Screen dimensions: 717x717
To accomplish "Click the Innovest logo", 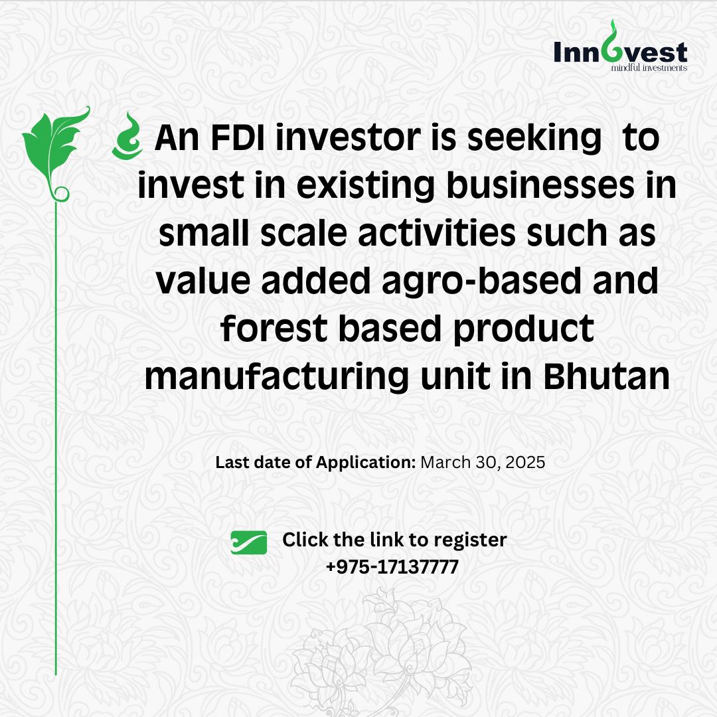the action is click(620, 46).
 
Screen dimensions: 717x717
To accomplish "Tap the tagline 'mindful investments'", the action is click(649, 68).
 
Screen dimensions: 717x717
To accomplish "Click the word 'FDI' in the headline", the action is click(237, 137).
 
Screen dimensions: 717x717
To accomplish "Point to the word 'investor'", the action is click(347, 137).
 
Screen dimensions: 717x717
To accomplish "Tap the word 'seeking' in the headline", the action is click(534, 139).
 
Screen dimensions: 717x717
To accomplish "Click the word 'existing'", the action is click(365, 187).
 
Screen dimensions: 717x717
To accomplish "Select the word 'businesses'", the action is click(540, 185).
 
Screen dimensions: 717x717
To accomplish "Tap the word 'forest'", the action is click(274, 329).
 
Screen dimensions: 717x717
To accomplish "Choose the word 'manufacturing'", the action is click(276, 378).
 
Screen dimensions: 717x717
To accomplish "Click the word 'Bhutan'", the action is click(606, 377).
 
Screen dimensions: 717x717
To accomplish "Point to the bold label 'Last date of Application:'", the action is click(315, 462).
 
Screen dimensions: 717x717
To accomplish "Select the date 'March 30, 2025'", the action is click(483, 462).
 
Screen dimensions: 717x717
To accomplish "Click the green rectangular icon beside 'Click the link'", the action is click(249, 542).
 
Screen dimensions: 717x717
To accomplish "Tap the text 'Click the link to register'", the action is click(394, 540).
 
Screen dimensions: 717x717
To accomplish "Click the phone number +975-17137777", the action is click(392, 567).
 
